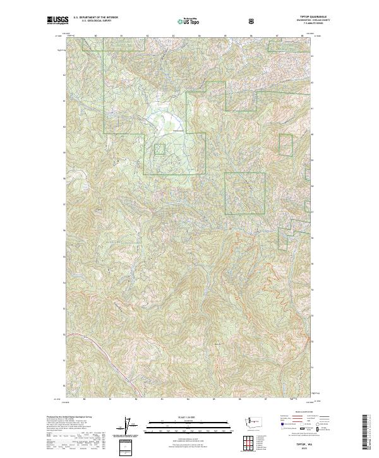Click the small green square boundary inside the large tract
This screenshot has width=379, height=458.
pyautogui.click(x=160, y=149)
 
